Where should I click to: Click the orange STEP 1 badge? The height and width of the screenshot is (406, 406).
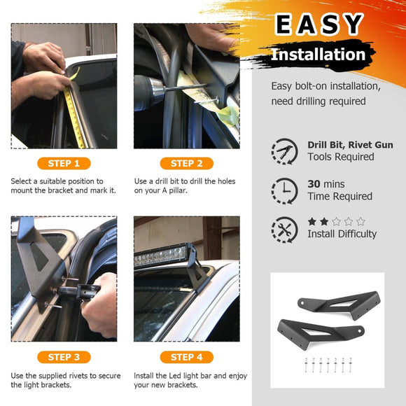(x=64, y=163)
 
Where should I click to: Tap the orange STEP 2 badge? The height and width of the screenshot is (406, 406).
(x=187, y=163)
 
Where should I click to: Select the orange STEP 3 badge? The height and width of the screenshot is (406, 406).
(x=64, y=357)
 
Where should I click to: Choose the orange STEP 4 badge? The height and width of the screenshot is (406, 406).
(x=187, y=357)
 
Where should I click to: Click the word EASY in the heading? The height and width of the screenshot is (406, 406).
(x=319, y=24)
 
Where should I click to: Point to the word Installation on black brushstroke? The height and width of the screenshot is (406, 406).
(x=318, y=55)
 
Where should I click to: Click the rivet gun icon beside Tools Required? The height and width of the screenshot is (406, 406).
(x=285, y=151)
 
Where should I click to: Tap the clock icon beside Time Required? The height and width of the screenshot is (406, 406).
(x=285, y=191)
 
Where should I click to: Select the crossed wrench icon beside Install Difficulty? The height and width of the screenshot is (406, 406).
(x=285, y=230)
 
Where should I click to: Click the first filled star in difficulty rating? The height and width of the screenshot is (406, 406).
(x=312, y=222)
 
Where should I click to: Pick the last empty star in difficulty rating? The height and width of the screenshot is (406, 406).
(x=360, y=222)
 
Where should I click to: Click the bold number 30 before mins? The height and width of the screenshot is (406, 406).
(x=314, y=184)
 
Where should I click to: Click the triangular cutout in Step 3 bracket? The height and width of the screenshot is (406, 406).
(x=39, y=256)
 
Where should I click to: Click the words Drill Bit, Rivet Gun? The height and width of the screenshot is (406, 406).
(x=350, y=145)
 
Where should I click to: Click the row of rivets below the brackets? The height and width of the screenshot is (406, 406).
(x=328, y=365)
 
